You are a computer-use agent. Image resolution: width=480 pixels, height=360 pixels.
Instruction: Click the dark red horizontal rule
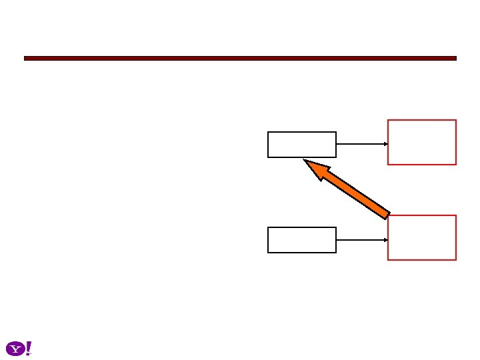coord(240,59)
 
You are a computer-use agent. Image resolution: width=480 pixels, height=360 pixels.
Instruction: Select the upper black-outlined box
coord(302,145)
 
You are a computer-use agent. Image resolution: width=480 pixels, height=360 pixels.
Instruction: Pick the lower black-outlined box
coord(302,240)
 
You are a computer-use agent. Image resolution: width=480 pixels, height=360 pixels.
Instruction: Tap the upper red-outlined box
coord(422,142)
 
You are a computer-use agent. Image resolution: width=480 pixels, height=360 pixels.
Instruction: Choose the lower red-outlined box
coord(422,237)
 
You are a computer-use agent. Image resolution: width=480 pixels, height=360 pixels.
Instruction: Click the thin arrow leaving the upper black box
coord(361,143)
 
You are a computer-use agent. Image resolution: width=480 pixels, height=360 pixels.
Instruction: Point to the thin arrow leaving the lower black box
coord(361,239)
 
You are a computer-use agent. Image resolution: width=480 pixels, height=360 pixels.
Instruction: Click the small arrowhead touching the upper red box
coord(386,143)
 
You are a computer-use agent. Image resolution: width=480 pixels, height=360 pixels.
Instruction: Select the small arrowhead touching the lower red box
coord(386,239)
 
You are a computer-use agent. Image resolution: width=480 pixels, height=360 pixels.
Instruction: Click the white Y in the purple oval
coord(15,349)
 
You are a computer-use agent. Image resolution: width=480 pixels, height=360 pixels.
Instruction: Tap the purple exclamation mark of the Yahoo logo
coord(28,347)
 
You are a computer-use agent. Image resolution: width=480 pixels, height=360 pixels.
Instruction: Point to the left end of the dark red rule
coord(25,59)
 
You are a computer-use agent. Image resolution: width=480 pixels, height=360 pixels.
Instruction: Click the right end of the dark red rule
coord(455,59)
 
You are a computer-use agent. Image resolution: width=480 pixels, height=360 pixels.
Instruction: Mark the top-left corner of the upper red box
coord(389,121)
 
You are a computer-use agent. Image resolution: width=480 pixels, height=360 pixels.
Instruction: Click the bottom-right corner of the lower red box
coord(455,259)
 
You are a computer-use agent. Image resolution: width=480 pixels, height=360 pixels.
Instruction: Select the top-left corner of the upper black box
coord(269,133)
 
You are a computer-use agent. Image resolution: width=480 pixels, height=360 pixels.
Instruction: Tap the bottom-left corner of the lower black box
coord(269,252)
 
